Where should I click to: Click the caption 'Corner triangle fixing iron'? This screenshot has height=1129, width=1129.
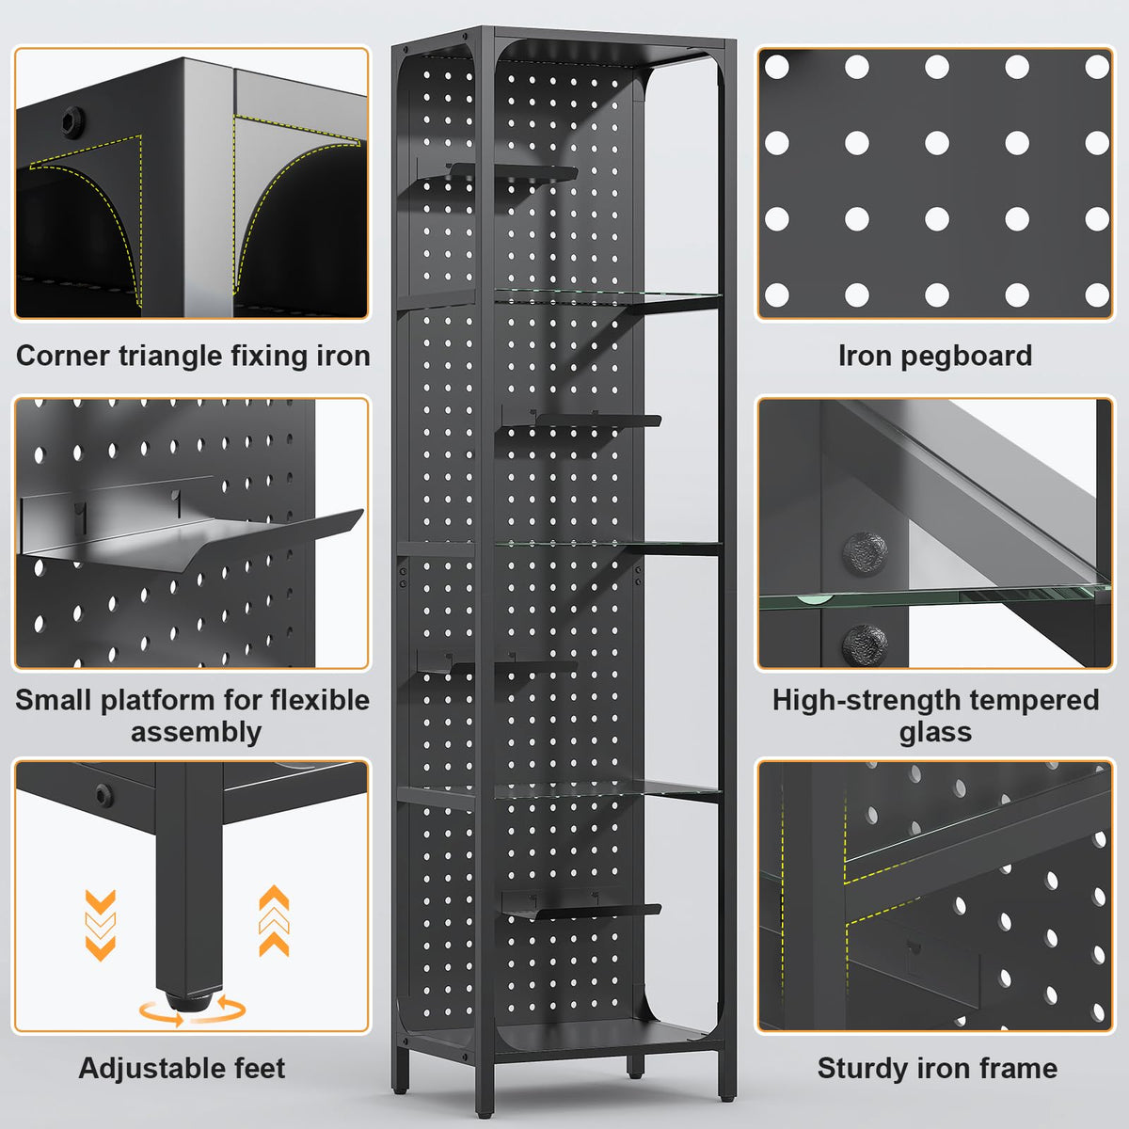pos(193,357)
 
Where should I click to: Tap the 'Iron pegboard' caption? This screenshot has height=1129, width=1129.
pos(935,357)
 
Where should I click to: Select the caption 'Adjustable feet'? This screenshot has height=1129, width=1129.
pos(182,1068)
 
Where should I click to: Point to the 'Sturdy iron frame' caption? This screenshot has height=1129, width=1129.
pos(937,1068)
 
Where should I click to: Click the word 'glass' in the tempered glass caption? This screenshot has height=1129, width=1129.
pos(935,733)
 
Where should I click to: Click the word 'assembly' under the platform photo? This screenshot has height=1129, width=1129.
pos(197,733)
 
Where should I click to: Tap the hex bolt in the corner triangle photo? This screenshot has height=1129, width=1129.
pos(73,121)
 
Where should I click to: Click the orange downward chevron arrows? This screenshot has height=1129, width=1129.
pos(101,925)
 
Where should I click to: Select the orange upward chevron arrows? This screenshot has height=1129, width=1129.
pos(274,920)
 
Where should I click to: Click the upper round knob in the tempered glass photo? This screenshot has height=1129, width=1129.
pos(865,553)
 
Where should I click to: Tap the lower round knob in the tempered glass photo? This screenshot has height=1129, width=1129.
pos(865,645)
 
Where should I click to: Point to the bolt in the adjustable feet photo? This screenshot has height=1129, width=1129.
pos(104,796)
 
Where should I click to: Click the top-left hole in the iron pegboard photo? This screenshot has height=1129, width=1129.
pos(777,67)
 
